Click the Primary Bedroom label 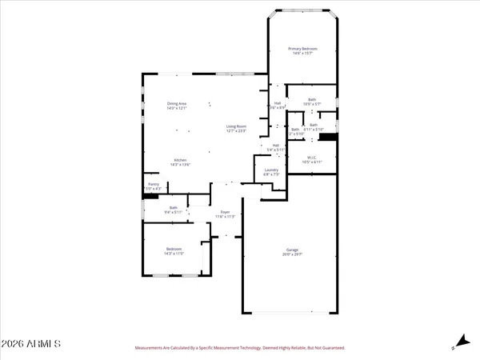coord(302,50)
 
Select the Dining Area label coord(177,103)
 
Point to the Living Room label coord(235,126)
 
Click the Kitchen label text coord(180,160)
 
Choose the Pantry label coord(152,184)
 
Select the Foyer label coord(226,212)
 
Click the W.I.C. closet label coord(312,158)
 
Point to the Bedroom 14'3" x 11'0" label coord(174,249)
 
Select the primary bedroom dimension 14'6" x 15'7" coord(302,54)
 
